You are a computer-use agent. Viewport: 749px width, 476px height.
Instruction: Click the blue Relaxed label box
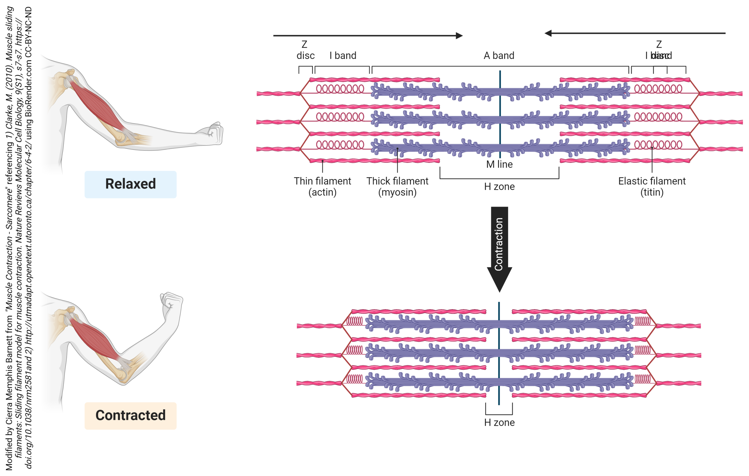pos(130,184)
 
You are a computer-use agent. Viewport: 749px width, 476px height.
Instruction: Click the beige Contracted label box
pos(130,416)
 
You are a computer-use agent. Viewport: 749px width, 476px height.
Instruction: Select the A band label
pos(499,56)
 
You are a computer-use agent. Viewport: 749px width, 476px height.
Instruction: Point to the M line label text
pos(499,164)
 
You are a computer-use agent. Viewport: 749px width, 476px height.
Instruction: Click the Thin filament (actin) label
pos(322,186)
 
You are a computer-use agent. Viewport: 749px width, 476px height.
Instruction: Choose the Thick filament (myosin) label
pos(397,186)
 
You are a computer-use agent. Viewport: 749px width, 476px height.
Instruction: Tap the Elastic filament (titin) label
pos(652,186)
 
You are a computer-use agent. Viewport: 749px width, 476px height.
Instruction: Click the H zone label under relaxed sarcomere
pos(499,187)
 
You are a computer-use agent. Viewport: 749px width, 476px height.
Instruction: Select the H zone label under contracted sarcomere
pos(499,423)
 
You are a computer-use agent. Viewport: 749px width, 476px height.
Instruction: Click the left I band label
pos(343,56)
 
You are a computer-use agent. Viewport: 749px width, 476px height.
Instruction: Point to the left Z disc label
pos(305,50)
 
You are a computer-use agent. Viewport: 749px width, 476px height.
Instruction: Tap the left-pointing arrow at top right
pos(635,33)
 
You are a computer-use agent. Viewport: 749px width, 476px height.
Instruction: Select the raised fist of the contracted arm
pos(171,301)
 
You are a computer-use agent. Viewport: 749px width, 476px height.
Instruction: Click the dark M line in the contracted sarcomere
pos(499,354)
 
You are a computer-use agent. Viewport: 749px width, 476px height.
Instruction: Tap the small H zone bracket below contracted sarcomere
pos(499,413)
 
